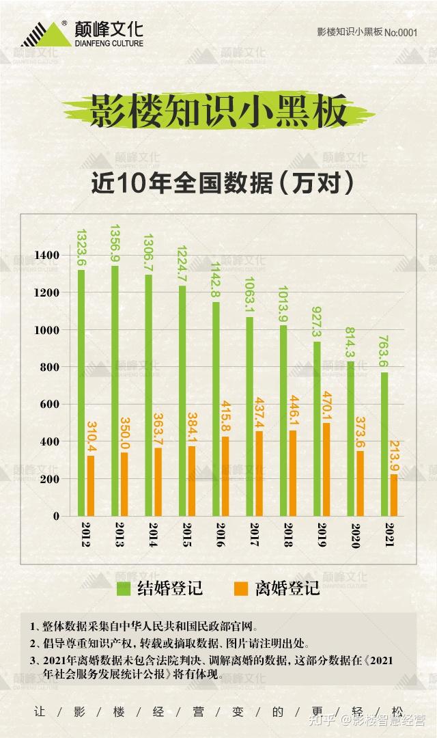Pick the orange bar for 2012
click(x=91, y=486)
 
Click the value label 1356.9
click(x=115, y=243)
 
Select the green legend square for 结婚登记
click(x=124, y=588)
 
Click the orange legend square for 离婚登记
click(x=240, y=588)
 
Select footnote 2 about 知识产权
click(x=169, y=643)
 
